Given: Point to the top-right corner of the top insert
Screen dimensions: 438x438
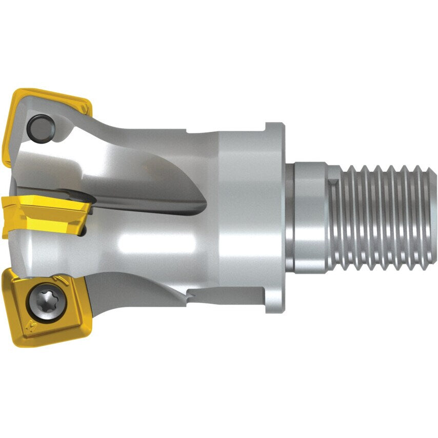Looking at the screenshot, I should tap(91, 107).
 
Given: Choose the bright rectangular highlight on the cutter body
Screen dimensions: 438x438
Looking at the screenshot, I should tap(154, 241).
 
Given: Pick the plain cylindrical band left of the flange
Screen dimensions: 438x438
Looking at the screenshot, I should tap(241, 218).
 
